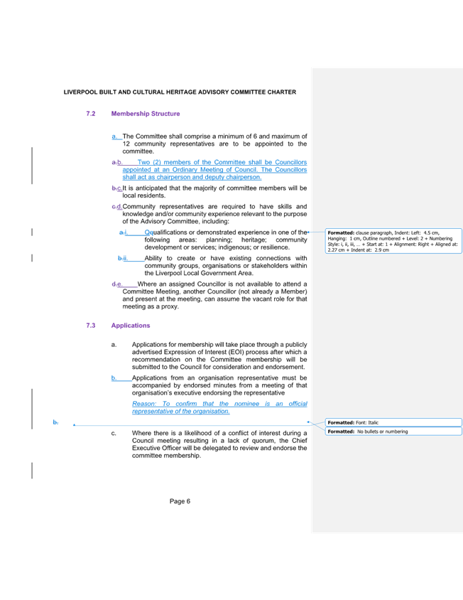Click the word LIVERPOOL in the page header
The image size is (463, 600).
(x=77, y=92)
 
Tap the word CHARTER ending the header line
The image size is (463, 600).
(x=283, y=92)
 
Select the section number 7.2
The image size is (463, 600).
(x=91, y=114)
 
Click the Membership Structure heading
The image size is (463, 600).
(x=146, y=114)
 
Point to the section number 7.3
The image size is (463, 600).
(x=91, y=326)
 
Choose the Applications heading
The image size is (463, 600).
(x=131, y=326)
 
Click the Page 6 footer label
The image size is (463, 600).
(x=181, y=501)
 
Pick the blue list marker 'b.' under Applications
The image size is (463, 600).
(x=113, y=378)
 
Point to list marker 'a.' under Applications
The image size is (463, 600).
(x=113, y=345)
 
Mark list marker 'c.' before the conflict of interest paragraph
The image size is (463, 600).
(x=113, y=433)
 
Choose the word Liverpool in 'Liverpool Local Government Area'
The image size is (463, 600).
(x=158, y=273)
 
